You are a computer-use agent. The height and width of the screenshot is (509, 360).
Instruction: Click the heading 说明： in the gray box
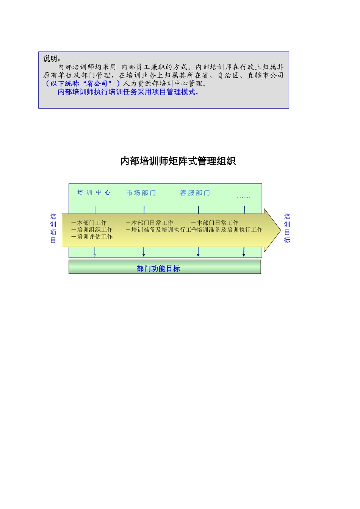(52, 59)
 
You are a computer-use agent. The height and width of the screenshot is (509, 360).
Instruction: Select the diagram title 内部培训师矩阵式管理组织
(178, 161)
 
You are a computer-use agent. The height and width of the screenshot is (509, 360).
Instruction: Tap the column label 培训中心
(94, 192)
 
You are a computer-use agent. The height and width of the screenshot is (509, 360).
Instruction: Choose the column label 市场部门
(141, 193)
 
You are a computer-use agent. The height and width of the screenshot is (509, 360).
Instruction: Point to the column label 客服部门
(195, 193)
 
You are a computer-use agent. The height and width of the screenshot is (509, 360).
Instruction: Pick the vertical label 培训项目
(53, 228)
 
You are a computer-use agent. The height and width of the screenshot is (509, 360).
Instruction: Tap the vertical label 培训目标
(287, 228)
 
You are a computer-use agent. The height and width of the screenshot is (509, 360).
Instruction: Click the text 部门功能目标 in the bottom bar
(158, 269)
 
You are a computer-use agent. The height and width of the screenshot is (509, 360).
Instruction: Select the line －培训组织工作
(92, 230)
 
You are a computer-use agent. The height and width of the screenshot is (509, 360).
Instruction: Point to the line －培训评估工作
(92, 237)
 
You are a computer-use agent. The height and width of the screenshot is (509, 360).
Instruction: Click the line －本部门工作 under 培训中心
(89, 223)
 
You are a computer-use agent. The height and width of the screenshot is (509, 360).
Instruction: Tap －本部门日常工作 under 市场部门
(149, 223)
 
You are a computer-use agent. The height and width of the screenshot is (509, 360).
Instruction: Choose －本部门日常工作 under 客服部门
(215, 223)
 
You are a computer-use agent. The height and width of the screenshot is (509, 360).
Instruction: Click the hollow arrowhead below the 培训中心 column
(95, 255)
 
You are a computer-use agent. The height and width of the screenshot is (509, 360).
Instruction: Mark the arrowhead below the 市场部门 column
(144, 255)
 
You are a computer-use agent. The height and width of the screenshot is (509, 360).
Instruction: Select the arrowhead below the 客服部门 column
(198, 255)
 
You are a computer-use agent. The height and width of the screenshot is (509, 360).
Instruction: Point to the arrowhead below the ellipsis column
(244, 255)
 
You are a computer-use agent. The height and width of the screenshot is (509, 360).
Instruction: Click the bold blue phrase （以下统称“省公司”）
(82, 83)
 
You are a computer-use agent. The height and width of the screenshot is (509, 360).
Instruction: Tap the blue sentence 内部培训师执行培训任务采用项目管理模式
(128, 92)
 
